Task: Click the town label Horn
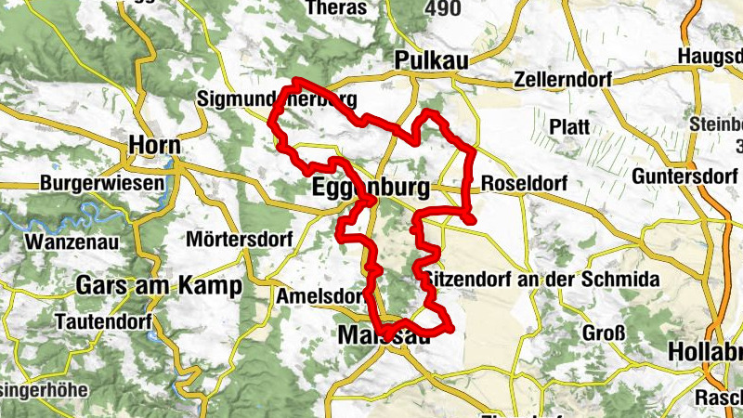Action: [x=156, y=146]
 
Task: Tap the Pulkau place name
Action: [x=428, y=59]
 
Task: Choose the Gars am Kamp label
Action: [x=160, y=285]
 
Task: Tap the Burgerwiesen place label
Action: [x=101, y=183]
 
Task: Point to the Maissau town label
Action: [x=385, y=334]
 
